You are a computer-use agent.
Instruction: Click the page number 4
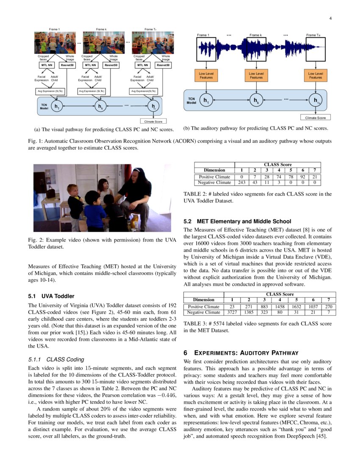330,18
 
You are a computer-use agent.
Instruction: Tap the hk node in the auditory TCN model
256,101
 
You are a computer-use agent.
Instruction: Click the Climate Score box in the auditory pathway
316,117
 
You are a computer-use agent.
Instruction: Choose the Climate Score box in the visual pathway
153,122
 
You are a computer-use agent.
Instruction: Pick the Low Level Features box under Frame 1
206,75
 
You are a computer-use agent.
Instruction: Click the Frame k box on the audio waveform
256,50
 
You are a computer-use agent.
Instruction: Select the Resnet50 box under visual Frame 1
67,65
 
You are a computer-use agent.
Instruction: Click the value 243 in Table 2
242,183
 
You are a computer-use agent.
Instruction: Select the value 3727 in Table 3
232,312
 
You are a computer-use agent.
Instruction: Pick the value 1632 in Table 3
297,306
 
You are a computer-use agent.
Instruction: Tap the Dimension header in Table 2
214,170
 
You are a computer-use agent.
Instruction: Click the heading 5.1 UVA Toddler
51,296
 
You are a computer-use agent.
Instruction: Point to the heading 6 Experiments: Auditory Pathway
241,352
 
